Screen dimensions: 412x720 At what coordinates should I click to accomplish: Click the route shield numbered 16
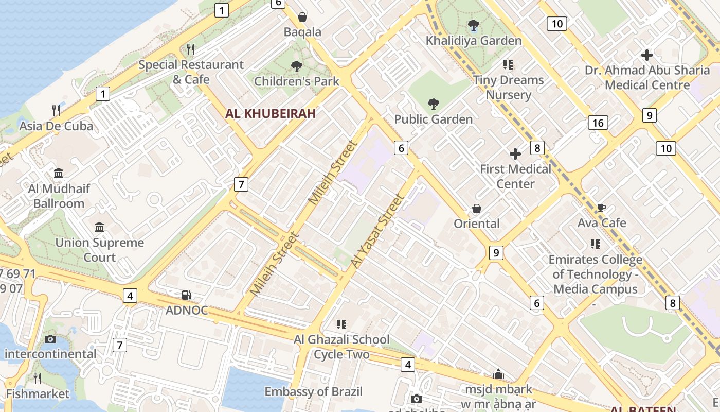(598, 123)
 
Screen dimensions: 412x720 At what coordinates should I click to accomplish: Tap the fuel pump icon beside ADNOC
(186, 295)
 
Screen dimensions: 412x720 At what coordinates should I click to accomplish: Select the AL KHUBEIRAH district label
(271, 114)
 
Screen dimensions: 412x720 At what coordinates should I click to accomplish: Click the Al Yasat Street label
(376, 231)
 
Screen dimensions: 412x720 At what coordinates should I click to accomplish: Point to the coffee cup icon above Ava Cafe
(601, 208)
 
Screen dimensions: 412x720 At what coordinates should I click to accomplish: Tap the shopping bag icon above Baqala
(302, 17)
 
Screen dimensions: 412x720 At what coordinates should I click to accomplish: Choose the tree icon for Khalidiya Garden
(473, 25)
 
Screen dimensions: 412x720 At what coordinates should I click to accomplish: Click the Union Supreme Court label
(100, 250)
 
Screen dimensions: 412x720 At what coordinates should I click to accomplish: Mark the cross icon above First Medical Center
(515, 154)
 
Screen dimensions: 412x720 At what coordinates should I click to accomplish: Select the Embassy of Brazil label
(314, 392)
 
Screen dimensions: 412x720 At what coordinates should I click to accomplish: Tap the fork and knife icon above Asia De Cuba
(56, 110)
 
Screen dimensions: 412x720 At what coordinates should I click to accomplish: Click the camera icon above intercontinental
(50, 339)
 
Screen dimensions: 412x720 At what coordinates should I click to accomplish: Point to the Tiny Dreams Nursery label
(508, 88)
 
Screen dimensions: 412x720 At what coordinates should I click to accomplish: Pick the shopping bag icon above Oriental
(477, 209)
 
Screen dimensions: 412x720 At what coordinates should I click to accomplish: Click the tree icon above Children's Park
(296, 66)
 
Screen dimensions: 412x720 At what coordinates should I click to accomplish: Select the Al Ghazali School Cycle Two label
(341, 347)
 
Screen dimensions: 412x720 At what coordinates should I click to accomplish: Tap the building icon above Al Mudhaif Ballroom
(59, 173)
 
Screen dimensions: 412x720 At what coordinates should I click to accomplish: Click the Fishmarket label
(38, 394)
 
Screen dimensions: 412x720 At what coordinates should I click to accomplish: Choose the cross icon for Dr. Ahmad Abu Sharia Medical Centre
(647, 55)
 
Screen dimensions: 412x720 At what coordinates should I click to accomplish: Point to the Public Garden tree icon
(434, 104)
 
